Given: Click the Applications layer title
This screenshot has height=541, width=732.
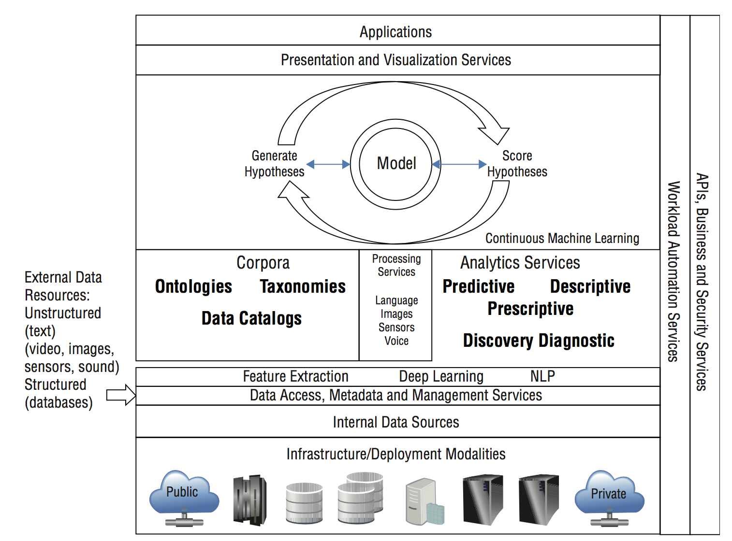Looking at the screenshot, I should [x=395, y=32].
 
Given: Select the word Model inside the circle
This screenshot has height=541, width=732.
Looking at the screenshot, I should [x=396, y=163].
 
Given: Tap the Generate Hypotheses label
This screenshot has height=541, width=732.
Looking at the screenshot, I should [x=274, y=164].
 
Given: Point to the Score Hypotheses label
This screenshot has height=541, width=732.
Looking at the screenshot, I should [x=517, y=164].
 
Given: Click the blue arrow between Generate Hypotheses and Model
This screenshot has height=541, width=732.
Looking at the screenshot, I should [x=328, y=164].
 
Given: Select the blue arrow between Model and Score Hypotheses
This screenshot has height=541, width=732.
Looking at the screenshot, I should [x=459, y=164].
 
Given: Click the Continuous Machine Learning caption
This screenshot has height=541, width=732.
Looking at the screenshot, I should [x=562, y=238].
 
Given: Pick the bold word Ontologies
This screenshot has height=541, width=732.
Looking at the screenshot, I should [x=193, y=286].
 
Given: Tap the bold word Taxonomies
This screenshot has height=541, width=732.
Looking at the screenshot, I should [x=303, y=286].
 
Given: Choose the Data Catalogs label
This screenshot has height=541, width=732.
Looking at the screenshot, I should [x=251, y=318].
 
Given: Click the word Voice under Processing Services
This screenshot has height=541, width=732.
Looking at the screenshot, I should [x=396, y=341].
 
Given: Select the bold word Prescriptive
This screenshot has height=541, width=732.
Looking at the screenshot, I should [x=530, y=309].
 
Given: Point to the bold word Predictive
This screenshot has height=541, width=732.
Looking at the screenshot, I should [x=479, y=286].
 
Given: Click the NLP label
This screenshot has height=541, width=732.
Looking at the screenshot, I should [x=542, y=376].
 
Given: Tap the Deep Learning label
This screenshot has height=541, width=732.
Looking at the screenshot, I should [x=441, y=376].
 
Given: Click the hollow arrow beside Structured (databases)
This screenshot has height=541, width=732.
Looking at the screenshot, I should [x=121, y=395].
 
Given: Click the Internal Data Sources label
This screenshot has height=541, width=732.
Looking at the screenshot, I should [x=395, y=422].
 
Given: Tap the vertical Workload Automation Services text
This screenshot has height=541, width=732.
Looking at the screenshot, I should [x=673, y=271].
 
